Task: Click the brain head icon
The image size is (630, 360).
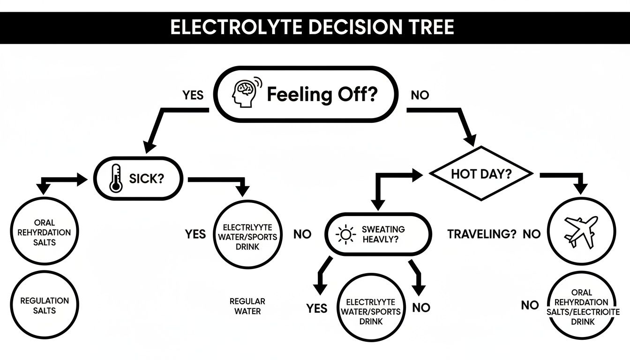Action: [245, 93]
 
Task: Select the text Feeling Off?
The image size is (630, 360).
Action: [322, 95]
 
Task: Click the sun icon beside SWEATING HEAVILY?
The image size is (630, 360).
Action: [346, 234]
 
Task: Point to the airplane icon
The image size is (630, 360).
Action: [582, 231]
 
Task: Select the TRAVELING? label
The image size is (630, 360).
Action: [481, 234]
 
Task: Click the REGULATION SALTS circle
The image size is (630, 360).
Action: [45, 306]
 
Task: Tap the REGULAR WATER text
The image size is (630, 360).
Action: [247, 306]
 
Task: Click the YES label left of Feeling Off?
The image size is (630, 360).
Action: [193, 95]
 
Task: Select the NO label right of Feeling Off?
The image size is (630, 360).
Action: [420, 95]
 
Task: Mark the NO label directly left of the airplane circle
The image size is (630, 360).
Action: [532, 234]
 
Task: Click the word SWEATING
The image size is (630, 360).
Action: [383, 230]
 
